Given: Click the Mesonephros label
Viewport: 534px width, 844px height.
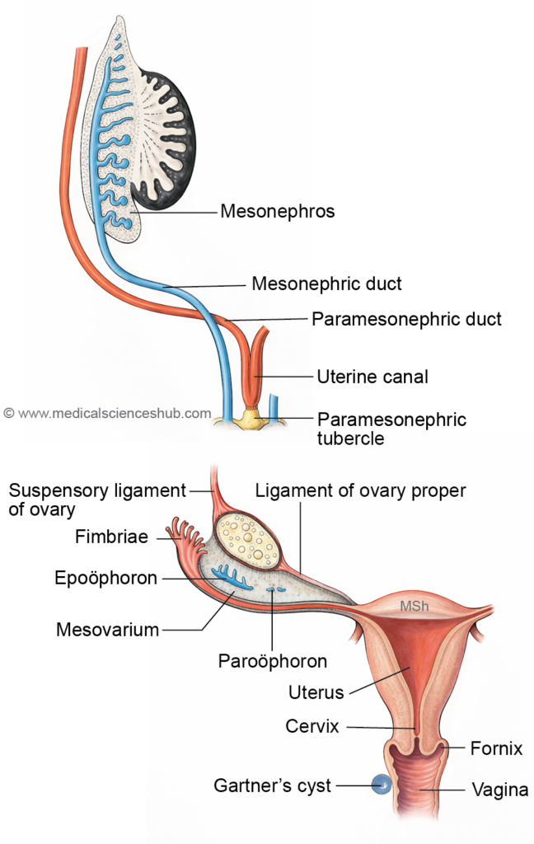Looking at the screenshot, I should tap(277, 212).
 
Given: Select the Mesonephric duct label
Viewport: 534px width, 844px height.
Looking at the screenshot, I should tap(326, 284).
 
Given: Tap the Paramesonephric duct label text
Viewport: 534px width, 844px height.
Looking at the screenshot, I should tap(406, 318).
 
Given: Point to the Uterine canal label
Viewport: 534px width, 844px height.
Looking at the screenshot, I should tap(372, 377).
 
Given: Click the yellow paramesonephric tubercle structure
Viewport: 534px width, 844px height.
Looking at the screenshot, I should tap(251, 423).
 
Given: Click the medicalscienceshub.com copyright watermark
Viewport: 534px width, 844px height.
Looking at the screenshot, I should tap(107, 414).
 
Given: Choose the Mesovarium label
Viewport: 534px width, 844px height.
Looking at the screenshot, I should tap(107, 631).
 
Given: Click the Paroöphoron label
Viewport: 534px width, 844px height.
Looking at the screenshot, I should tap(273, 661).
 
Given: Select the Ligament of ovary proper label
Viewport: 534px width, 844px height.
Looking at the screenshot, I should tap(361, 490).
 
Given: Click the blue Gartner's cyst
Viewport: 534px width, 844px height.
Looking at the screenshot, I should tap(380, 785).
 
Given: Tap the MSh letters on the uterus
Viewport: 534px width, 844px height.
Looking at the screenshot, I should tap(413, 607).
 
